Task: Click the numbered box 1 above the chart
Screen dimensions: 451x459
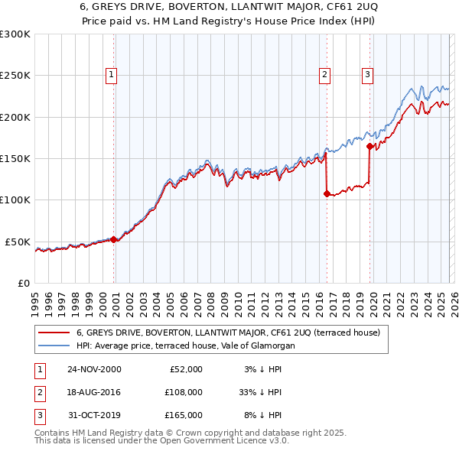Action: click(112, 74)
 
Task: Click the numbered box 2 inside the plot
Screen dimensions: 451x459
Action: click(325, 74)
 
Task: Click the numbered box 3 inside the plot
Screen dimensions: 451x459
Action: click(368, 74)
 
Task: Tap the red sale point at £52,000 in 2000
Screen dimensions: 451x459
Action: click(114, 239)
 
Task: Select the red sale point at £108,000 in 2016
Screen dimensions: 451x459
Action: click(327, 193)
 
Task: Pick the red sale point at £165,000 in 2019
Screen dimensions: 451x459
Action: click(369, 146)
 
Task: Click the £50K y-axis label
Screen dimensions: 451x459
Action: click(18, 242)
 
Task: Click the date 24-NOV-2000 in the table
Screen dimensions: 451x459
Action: click(94, 369)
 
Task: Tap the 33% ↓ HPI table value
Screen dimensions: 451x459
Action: click(259, 392)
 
